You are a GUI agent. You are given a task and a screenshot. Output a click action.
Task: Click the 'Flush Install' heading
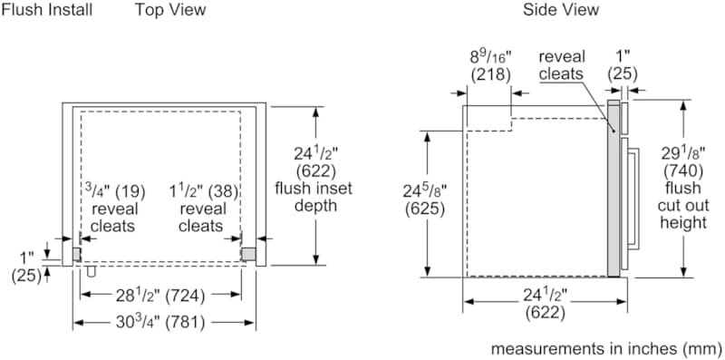click(47, 10)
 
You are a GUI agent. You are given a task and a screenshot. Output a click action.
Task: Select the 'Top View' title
click(170, 10)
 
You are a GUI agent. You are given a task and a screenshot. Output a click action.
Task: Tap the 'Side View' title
click(561, 10)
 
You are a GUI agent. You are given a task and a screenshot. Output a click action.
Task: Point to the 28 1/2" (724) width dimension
click(161, 296)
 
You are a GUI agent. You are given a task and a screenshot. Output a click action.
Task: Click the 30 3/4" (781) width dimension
click(161, 322)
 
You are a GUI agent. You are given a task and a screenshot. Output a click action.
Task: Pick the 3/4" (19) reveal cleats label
click(114, 209)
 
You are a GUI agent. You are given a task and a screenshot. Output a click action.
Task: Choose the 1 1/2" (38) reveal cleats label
click(202, 209)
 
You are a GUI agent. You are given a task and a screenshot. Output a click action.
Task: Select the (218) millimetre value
click(490, 74)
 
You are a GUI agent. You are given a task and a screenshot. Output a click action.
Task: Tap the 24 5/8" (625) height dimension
click(425, 199)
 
